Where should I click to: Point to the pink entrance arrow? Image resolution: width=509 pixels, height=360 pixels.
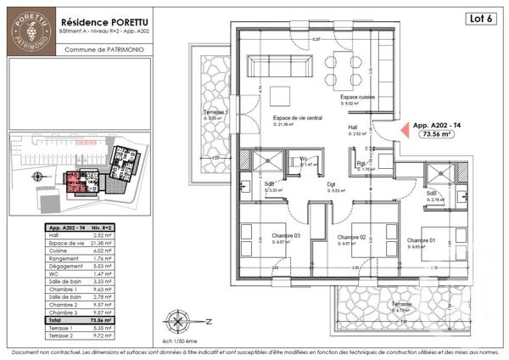(x=405, y=131)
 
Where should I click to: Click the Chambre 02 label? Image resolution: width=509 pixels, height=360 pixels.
(x=350, y=237)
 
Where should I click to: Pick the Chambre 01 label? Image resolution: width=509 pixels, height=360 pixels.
(x=420, y=241)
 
